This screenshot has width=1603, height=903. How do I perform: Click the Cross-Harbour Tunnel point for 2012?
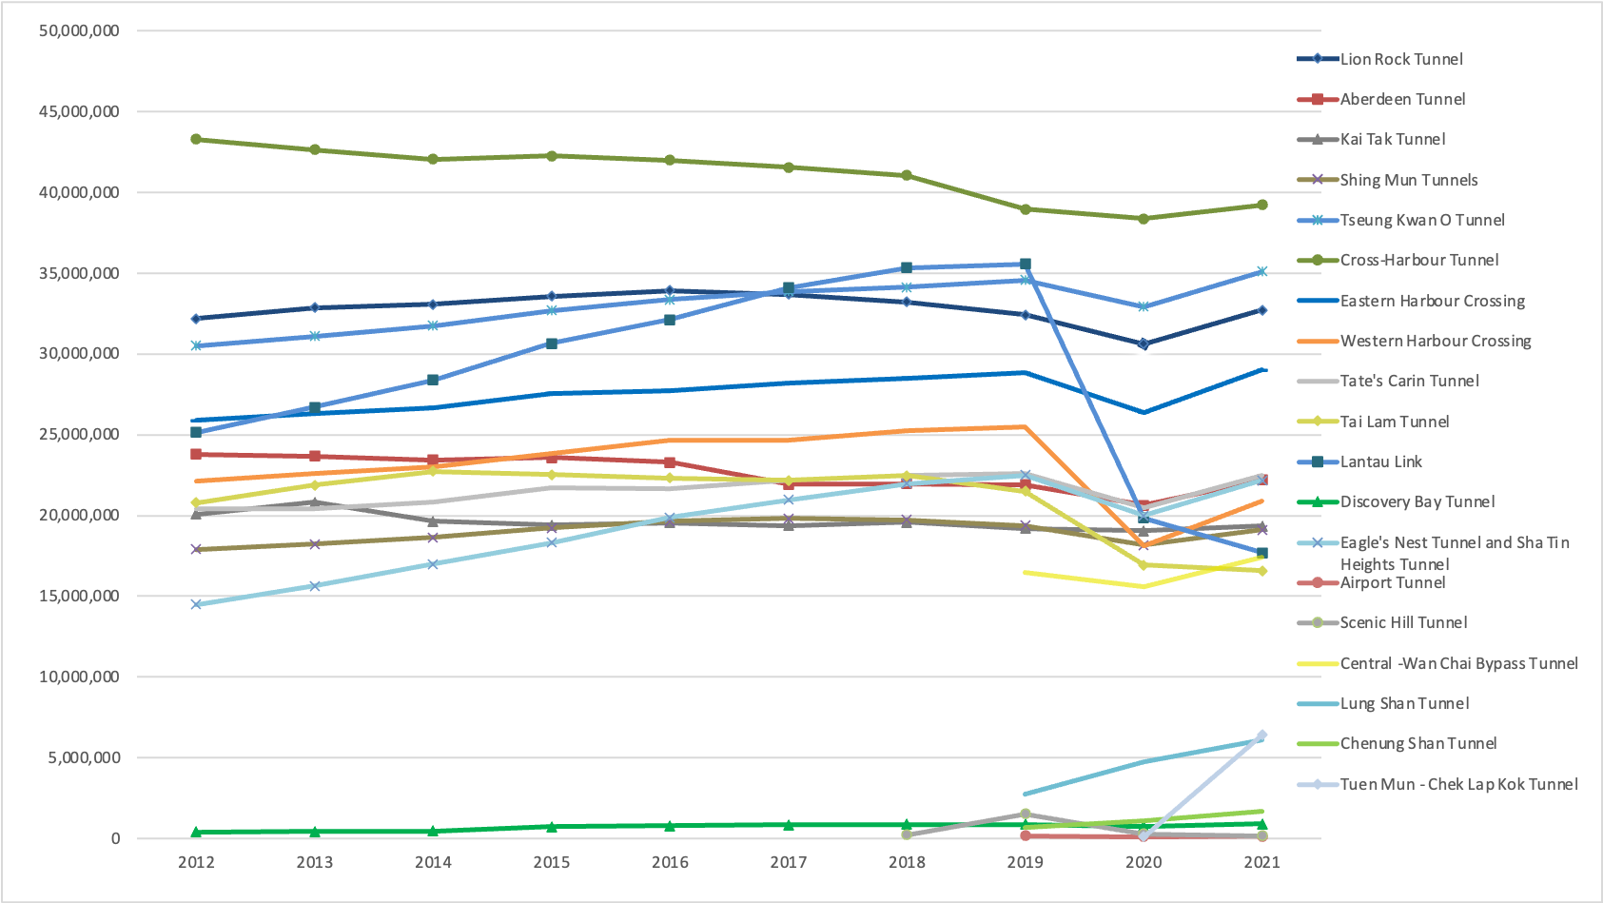196,139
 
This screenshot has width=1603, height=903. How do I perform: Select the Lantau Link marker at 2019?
1026,265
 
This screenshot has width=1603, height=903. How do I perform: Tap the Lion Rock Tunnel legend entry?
1401,59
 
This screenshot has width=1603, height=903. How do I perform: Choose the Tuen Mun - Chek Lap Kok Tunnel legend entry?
1458,784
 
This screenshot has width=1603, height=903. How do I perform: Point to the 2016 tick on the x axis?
670,862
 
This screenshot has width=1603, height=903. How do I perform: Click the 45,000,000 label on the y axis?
79,111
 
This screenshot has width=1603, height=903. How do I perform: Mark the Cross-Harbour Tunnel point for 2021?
1262,205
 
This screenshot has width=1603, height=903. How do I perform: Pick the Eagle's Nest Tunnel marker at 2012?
196,604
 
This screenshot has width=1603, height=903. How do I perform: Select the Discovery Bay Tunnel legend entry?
1417,501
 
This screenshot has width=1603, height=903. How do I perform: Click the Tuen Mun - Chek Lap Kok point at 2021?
1262,736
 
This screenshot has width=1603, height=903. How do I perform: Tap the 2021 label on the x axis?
1262,862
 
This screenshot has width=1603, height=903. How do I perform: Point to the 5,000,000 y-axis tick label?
83,757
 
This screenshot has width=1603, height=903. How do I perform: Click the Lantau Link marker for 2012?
196,432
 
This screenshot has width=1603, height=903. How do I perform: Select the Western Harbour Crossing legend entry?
1435,341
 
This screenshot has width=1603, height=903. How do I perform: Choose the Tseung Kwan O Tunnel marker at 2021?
1262,271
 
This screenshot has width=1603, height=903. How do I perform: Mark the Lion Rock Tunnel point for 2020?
1144,344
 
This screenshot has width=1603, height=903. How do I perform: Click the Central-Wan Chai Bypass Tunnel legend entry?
1458,663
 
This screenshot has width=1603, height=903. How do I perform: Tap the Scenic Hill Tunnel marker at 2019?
1026,814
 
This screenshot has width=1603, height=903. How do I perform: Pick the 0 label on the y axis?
115,838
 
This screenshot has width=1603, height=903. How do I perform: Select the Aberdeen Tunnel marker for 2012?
196,455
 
